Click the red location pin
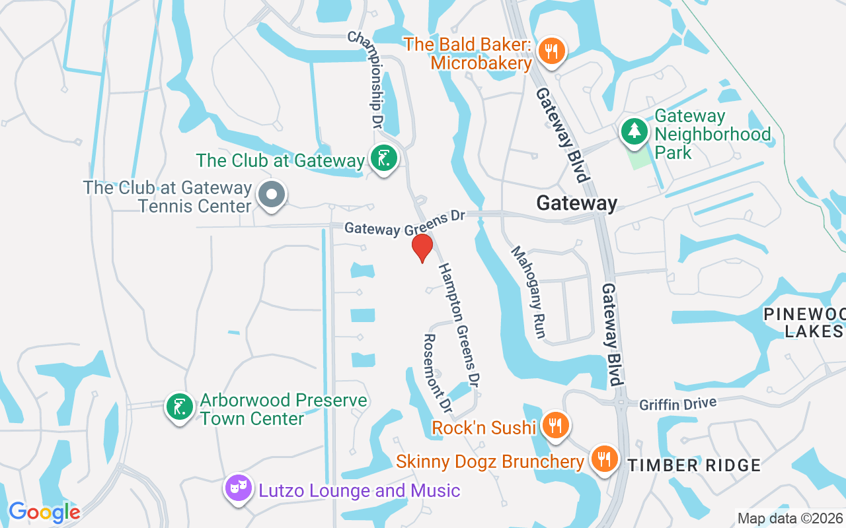[422, 247]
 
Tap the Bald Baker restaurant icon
[550, 51]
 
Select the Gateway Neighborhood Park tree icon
[634, 131]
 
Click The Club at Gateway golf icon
[383, 158]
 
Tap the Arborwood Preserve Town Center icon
[179, 407]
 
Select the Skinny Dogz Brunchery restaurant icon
[603, 458]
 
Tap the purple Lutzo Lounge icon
[238, 489]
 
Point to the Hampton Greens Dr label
[458, 324]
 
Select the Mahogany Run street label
[528, 292]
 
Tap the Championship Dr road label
[366, 80]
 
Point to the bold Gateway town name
[577, 203]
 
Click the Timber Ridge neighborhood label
[694, 465]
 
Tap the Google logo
[44, 512]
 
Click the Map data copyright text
[790, 519]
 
